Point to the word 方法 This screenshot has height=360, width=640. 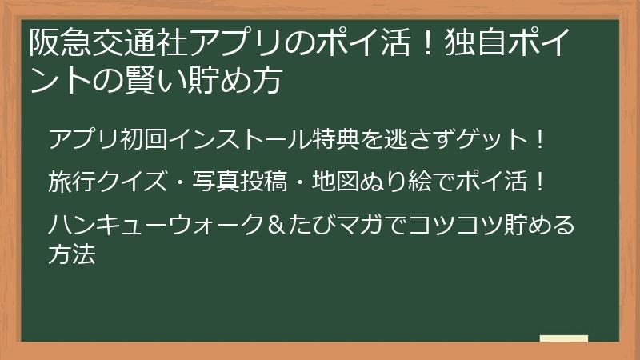point(72,256)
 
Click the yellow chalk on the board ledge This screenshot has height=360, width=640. point(563,338)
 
